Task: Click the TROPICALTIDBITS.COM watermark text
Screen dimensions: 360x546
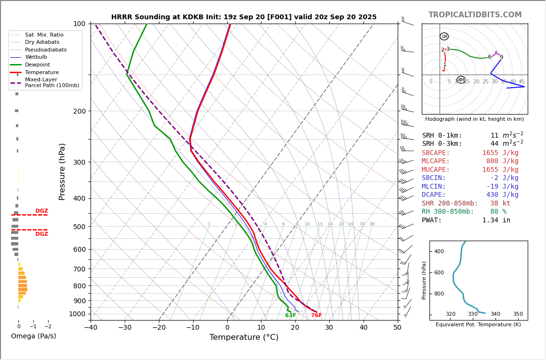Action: click(475, 15)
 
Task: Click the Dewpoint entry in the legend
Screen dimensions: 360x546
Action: click(38, 64)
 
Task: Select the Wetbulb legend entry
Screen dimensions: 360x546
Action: click(36, 57)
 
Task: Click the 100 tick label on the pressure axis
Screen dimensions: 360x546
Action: click(79, 24)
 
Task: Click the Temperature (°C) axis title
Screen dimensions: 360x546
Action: click(244, 338)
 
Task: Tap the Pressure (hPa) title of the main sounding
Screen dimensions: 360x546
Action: click(62, 171)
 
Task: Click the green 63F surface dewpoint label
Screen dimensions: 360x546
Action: click(290, 316)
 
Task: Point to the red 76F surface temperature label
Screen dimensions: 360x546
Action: click(316, 316)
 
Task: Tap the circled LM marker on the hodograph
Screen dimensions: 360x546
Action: click(444, 37)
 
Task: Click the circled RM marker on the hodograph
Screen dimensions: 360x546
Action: click(461, 80)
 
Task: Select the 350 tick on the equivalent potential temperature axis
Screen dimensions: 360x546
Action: click(518, 314)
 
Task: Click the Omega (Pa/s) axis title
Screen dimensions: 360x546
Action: click(34, 336)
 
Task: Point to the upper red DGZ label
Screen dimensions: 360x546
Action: click(42, 211)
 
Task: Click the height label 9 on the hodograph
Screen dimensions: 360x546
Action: click(501, 57)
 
